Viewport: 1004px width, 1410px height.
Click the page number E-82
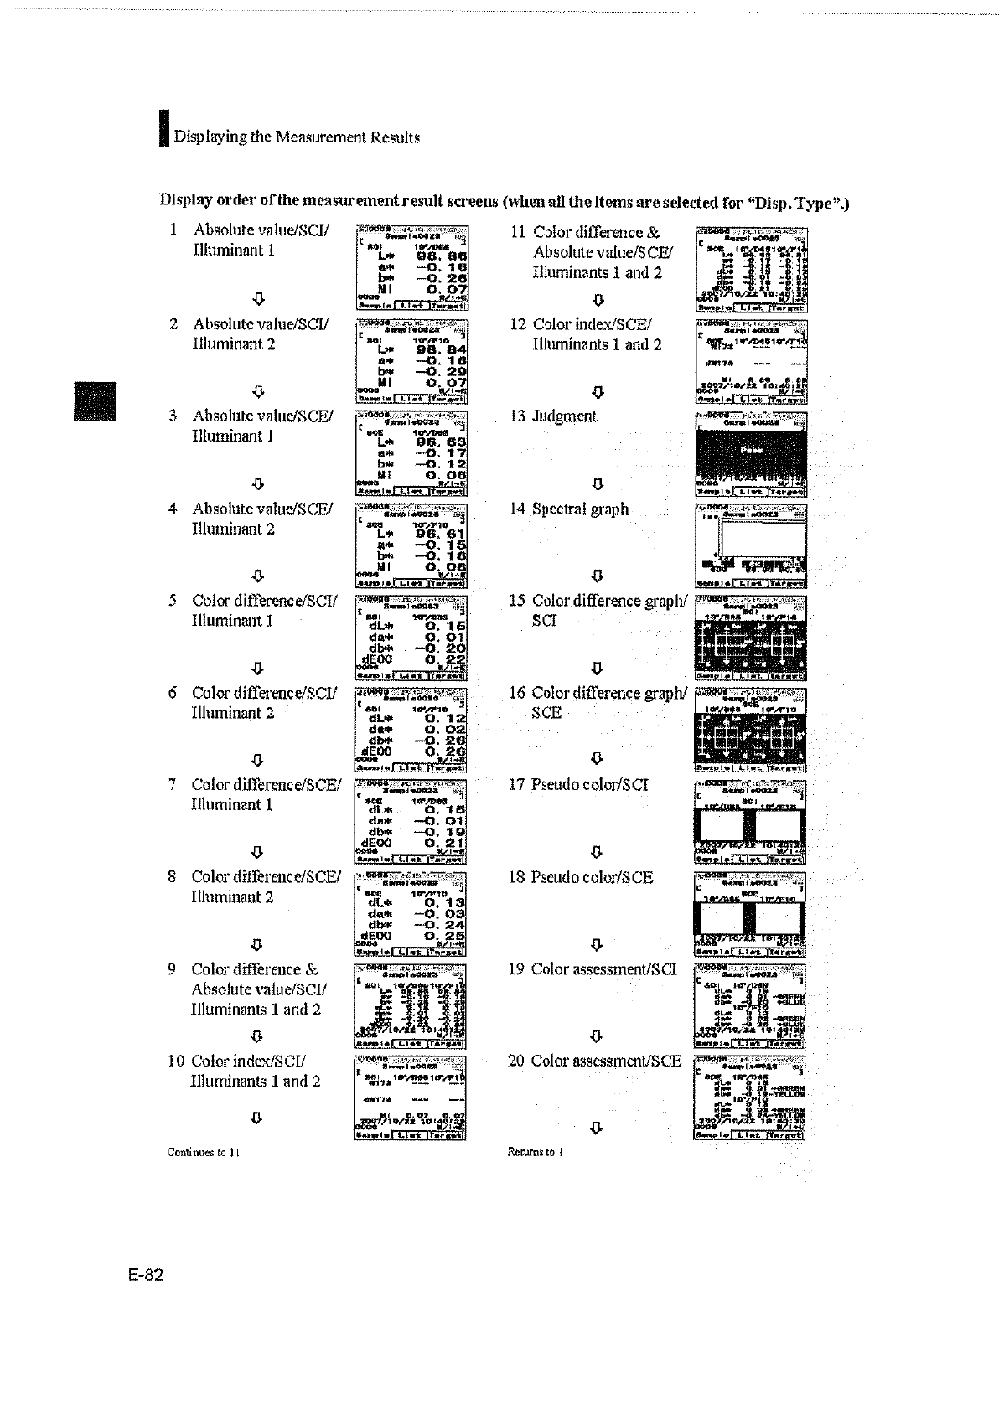point(146,1275)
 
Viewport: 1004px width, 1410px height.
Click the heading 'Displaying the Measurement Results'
point(297,137)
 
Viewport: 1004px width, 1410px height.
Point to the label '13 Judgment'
point(554,416)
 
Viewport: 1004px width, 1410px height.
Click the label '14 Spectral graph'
point(569,509)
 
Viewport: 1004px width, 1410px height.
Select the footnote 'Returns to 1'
point(535,1152)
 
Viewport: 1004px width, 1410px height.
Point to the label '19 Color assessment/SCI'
point(593,969)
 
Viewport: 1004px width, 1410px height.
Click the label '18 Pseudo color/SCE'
point(581,877)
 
